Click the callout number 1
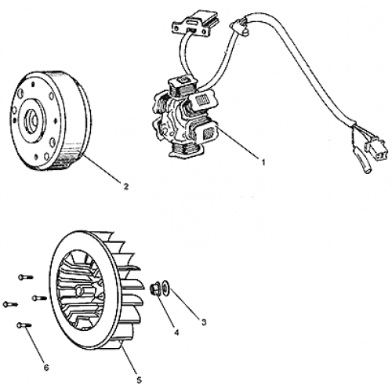coord(264,163)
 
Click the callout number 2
coord(125,186)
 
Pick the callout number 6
coord(45,368)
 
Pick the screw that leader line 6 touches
coord(21,325)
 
